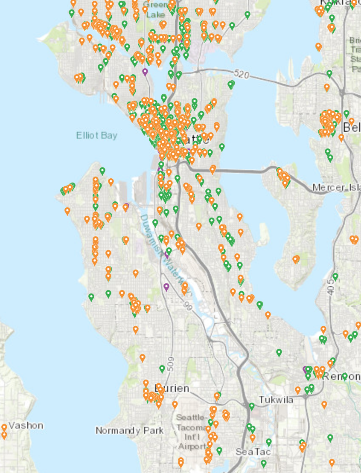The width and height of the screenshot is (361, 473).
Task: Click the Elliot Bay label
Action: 96,136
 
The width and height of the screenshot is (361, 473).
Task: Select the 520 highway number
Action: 241,74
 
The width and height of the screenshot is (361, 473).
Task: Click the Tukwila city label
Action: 277,400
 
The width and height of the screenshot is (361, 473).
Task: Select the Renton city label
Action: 341,377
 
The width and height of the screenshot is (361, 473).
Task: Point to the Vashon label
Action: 26,425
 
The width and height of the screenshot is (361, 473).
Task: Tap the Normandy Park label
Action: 129,430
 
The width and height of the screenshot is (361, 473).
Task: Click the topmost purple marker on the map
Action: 145,72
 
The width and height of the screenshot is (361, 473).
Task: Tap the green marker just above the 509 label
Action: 162,369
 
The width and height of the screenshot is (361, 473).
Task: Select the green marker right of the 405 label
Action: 335,276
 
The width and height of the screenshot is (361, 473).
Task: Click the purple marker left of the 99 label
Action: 166,287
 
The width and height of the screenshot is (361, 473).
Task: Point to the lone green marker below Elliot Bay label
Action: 102,171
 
